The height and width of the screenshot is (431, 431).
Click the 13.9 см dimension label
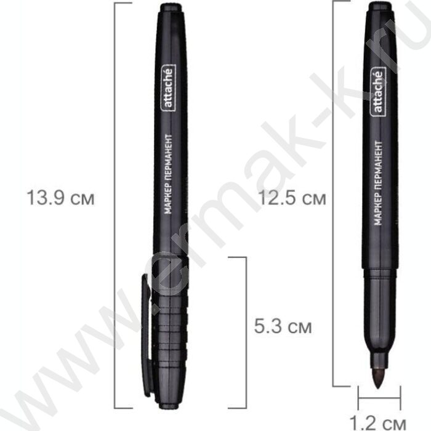tap(60, 198)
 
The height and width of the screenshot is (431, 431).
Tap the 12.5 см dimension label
tap(292, 198)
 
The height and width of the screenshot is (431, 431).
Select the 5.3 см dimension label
tap(283, 326)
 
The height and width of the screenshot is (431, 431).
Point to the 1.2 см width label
tap(377, 424)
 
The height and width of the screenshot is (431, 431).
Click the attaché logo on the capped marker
tap(168, 87)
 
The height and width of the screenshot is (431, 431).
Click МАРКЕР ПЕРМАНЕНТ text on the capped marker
tap(168, 174)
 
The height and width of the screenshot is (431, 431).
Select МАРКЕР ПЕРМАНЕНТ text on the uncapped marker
tap(378, 183)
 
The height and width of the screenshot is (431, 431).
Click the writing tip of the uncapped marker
tap(378, 378)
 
